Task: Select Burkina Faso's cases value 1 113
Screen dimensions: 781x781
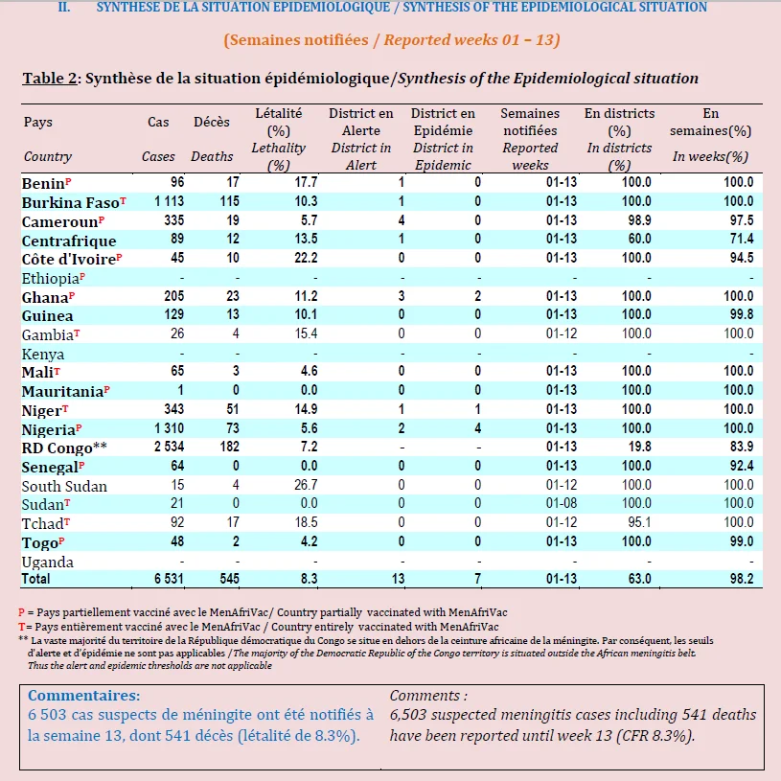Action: tap(169, 201)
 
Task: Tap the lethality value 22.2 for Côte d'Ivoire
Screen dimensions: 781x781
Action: tap(306, 258)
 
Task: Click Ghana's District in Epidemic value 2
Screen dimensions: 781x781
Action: tap(477, 296)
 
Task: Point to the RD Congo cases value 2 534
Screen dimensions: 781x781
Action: tap(169, 447)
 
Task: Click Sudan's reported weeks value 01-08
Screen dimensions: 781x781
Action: tap(562, 503)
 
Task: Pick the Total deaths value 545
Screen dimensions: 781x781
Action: tap(230, 579)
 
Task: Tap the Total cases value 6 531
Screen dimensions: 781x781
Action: tap(169, 579)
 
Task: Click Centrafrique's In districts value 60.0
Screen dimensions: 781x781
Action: tap(639, 239)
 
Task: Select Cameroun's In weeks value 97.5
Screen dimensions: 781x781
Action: tap(742, 220)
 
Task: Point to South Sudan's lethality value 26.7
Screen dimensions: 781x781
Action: tap(306, 485)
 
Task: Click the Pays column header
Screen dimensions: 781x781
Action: tap(38, 122)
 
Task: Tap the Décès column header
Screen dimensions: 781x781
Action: tap(212, 122)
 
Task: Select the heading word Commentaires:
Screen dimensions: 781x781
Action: tap(83, 696)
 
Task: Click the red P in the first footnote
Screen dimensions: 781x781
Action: tap(21, 612)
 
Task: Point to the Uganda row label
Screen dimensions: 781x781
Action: tap(47, 563)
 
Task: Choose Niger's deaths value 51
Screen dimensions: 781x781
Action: tap(233, 409)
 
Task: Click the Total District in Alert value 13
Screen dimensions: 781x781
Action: tap(398, 579)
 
